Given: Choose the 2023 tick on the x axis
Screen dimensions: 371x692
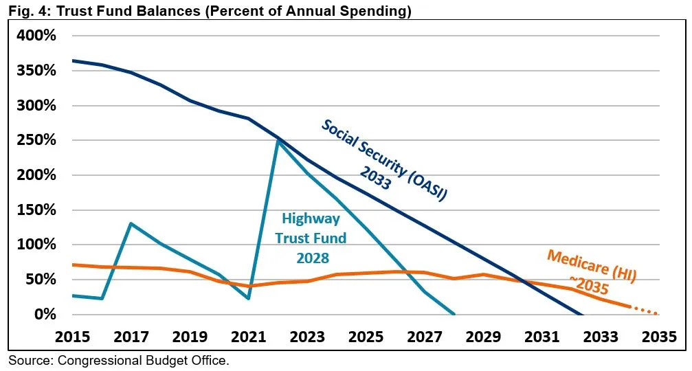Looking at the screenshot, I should tap(306, 337).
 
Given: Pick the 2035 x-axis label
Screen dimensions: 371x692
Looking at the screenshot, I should tap(658, 337).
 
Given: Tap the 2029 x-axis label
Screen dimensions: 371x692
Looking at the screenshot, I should tap(482, 337).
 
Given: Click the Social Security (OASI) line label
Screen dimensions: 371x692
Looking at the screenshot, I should tap(385, 159).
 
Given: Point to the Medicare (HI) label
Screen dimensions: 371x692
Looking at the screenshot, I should tap(592, 267).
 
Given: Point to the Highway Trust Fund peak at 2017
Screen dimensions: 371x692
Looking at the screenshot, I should tap(131, 223).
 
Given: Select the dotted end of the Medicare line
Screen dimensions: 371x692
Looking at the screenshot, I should tap(646, 311).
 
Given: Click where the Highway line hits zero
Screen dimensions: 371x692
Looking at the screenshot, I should tap(454, 314).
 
